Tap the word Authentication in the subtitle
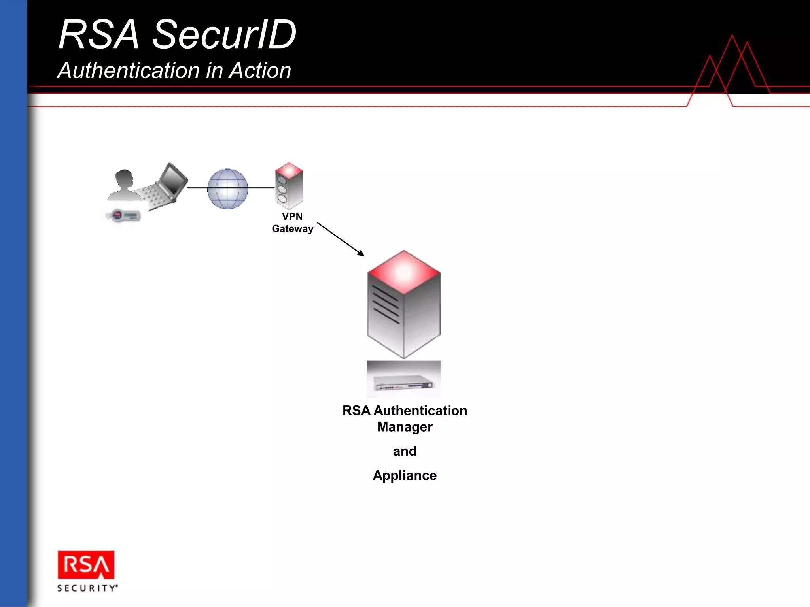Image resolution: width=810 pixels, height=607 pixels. [129, 71]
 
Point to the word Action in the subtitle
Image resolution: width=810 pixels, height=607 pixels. [260, 71]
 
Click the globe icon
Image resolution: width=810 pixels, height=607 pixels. [227, 189]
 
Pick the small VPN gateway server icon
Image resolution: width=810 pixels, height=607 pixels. [289, 185]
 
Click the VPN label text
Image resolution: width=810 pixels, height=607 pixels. [292, 216]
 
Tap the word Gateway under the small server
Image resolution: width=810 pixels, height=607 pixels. [292, 229]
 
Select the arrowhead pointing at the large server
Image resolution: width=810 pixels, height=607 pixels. [361, 253]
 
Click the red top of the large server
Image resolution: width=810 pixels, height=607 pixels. [404, 271]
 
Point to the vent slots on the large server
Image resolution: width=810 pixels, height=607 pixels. [386, 304]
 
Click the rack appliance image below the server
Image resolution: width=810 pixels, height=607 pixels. [403, 379]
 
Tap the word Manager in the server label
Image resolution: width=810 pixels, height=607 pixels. [405, 427]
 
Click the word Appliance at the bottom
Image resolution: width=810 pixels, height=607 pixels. [405, 475]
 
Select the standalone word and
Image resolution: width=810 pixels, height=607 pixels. [405, 451]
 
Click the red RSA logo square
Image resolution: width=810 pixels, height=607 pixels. [86, 565]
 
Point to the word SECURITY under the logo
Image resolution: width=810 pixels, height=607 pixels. [87, 588]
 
